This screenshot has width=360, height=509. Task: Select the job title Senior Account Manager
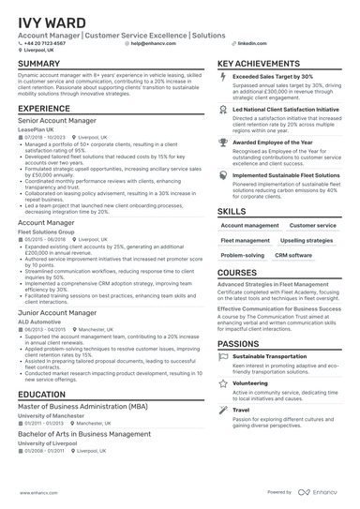coord(57,121)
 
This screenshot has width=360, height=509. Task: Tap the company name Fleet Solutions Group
coord(52,231)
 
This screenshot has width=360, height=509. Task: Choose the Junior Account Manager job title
coord(56,312)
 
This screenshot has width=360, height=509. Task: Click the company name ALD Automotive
coord(39,321)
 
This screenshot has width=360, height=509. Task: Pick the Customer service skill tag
coord(312,226)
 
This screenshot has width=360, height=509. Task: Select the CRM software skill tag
coord(293,255)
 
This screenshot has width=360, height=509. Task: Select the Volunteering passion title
coord(250,382)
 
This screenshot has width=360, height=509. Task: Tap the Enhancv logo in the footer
coord(319,492)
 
